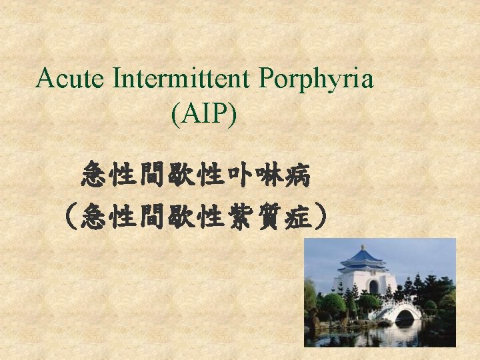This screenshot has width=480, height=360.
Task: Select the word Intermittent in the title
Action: pos(182,80)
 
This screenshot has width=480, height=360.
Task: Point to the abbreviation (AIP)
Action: pos(203,115)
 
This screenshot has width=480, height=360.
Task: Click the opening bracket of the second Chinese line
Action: pos(68,217)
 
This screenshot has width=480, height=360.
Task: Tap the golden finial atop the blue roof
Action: pos(363,247)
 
